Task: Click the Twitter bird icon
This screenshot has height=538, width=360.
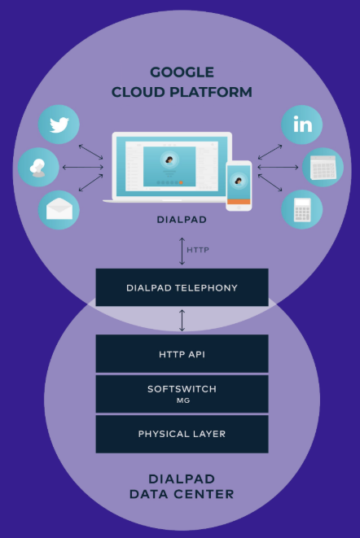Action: point(59,125)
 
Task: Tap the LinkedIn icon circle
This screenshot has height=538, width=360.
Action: point(302,125)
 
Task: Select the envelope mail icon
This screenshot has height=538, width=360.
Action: point(59,210)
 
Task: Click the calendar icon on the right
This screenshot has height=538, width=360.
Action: point(323,168)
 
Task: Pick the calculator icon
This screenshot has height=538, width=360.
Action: point(302,210)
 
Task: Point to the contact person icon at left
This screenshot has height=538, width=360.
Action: point(38,168)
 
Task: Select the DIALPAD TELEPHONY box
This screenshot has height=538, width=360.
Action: point(182,287)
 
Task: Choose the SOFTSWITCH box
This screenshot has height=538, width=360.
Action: point(182,393)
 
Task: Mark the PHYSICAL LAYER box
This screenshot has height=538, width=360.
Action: point(182,434)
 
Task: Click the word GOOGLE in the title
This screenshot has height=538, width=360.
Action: point(182,72)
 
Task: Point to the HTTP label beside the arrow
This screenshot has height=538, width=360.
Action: point(198,250)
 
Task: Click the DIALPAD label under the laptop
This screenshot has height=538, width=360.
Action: point(182,220)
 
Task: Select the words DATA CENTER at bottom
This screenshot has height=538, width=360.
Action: point(182,494)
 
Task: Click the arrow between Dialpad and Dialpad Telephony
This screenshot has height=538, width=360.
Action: point(182,250)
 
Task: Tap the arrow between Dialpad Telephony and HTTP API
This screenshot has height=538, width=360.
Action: point(182,320)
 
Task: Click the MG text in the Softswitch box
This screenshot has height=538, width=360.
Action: point(182,400)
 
